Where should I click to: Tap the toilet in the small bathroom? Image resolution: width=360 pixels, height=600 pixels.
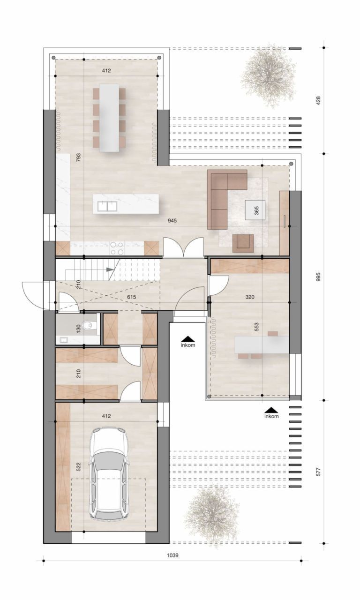[x=87, y=324]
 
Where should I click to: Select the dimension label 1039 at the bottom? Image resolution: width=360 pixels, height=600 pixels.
[x=173, y=555]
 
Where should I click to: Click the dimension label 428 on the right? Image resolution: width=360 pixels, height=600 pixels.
[x=318, y=100]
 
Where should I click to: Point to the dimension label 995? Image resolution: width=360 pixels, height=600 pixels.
[x=318, y=276]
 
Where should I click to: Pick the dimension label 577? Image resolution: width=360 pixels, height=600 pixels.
[x=318, y=471]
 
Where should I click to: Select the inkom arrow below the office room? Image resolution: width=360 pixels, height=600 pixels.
[x=271, y=410]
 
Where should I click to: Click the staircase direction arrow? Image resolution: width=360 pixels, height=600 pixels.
[x=111, y=270]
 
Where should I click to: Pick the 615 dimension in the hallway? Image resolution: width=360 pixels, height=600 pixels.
[x=132, y=297]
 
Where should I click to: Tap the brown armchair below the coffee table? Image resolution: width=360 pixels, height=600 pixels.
[x=243, y=241]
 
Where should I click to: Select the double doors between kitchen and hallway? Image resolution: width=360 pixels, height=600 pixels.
[x=183, y=247]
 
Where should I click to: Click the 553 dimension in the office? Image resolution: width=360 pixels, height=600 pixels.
[x=256, y=328]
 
